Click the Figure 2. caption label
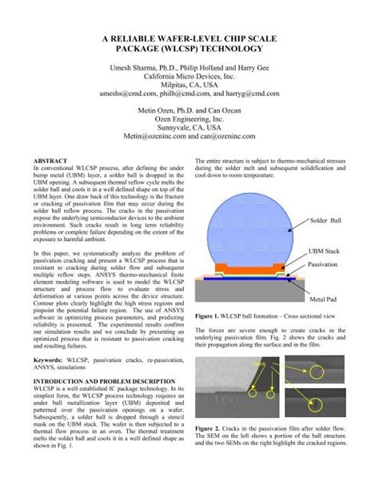[x=210, y=430]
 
